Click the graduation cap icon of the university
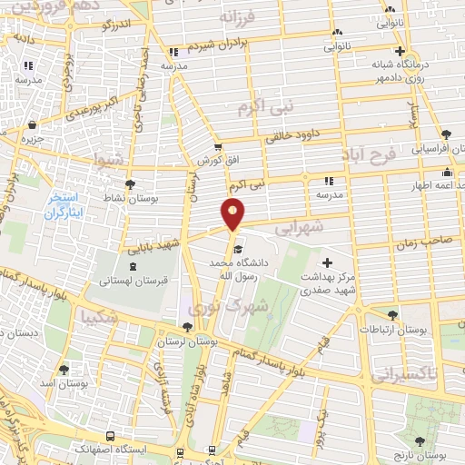click(238, 250)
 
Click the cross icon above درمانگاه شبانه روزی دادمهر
click(399, 51)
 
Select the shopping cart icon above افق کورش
click(217, 145)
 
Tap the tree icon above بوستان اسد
click(64, 370)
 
